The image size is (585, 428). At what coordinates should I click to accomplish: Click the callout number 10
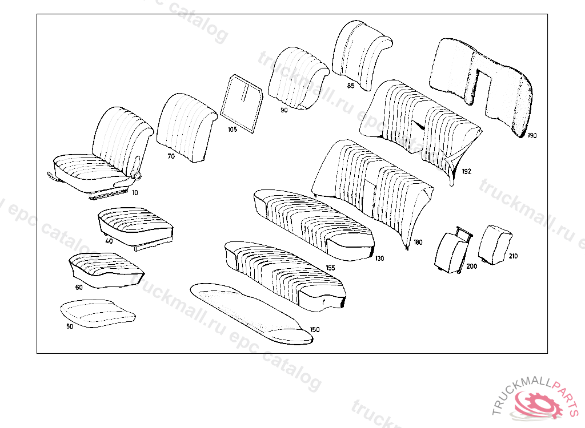[x=135, y=193]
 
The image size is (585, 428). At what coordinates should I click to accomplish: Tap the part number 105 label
[x=232, y=130]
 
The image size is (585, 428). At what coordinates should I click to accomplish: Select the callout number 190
[x=532, y=136]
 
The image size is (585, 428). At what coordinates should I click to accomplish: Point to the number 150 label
[x=314, y=330]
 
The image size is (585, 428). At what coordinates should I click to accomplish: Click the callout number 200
[x=471, y=267]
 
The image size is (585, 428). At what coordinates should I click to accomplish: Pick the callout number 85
[x=350, y=86]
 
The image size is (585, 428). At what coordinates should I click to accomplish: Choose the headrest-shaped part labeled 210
[x=494, y=243]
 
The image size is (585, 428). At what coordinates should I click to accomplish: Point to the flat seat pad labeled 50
[x=96, y=313]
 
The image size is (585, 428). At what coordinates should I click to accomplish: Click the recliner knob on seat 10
[x=137, y=176]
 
